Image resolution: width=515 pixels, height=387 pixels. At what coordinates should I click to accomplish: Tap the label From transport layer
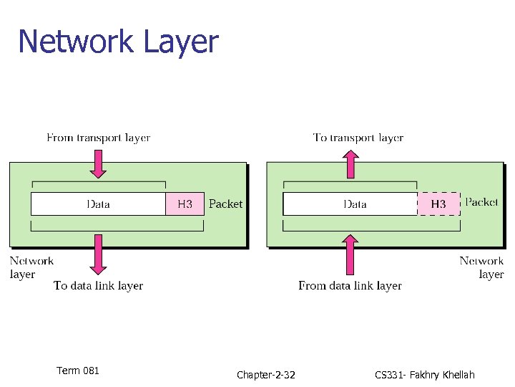(x=98, y=138)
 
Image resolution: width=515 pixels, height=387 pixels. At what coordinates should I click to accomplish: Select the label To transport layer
(x=358, y=138)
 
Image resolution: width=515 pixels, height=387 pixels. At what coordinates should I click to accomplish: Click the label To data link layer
(x=98, y=286)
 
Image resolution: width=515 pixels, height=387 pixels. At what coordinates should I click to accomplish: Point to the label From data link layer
(x=350, y=286)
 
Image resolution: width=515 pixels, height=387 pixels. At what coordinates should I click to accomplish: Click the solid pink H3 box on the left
(x=185, y=204)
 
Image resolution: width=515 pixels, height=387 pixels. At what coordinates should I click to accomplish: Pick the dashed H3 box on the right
(x=438, y=204)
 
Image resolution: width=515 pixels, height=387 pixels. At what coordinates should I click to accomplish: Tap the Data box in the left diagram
(x=98, y=204)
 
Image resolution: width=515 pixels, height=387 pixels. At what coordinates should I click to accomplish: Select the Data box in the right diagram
(x=350, y=204)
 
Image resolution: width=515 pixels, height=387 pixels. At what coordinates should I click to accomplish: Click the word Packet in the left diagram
(x=225, y=204)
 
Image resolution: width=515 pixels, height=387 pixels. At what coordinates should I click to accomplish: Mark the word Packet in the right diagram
(x=481, y=202)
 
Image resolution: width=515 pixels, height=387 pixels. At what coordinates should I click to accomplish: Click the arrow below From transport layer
(x=99, y=163)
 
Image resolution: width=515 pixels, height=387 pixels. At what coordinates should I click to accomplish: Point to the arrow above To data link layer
(x=99, y=254)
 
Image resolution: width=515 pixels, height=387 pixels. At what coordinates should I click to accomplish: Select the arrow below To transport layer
(x=350, y=163)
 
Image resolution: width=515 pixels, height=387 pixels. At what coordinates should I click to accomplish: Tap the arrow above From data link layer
(x=350, y=255)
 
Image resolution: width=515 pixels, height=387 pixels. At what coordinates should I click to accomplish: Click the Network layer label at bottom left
(x=31, y=267)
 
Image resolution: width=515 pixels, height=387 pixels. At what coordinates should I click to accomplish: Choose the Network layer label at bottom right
(x=481, y=267)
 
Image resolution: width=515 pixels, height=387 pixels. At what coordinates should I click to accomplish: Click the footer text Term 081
(x=78, y=371)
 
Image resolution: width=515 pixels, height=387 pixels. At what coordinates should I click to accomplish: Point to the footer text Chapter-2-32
(x=265, y=375)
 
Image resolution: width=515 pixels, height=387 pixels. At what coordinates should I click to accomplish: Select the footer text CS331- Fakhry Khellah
(x=423, y=375)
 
